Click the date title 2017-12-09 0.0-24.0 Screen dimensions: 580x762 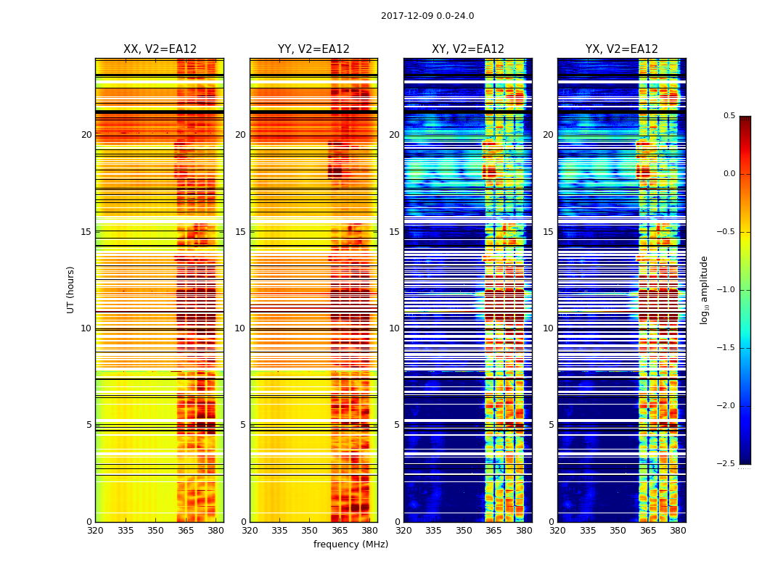coord(427,16)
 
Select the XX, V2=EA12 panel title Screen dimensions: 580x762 coord(160,49)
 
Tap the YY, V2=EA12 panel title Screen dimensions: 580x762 coord(314,49)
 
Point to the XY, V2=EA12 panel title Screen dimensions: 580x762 coord(467,49)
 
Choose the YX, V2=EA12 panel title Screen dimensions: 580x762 coord(622,49)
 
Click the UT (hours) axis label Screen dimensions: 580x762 coord(71,289)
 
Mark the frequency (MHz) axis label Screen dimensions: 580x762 coord(351,544)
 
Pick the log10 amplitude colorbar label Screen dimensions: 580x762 coord(704,289)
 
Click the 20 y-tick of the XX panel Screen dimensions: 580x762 coord(86,135)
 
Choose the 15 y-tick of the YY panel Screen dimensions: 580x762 coord(240,232)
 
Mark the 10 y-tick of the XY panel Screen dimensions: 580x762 coord(394,328)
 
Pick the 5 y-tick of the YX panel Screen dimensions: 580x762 coord(551,425)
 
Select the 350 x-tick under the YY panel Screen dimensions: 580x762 coord(310,531)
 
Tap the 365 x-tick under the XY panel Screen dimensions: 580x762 coord(493,531)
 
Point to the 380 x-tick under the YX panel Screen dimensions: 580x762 coord(678,531)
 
